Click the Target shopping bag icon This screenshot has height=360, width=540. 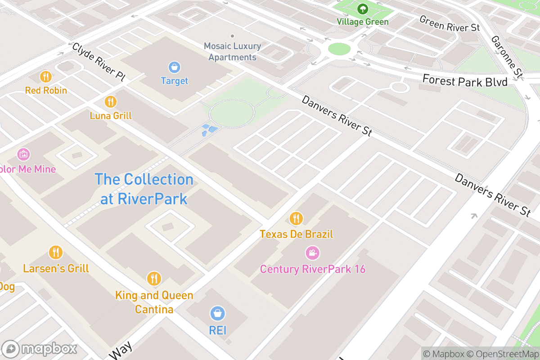coord(174,67)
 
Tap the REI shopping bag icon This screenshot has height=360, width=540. coord(218,313)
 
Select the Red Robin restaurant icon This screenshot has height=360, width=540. coord(45,76)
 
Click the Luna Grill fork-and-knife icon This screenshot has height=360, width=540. coord(110,102)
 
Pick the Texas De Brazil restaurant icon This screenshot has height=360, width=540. coord(296,219)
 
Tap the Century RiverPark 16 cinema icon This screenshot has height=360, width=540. coord(312,253)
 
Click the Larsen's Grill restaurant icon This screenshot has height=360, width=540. coord(56,252)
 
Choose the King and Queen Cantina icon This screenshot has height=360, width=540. coord(154,279)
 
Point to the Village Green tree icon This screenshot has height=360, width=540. coord(363,9)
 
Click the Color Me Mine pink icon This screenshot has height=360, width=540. coord(23,155)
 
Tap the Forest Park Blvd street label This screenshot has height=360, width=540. coord(464,81)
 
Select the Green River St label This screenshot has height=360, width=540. coord(449,23)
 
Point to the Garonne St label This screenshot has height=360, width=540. coord(507,56)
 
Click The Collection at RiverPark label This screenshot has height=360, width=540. coord(144,189)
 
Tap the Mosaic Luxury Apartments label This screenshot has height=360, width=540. coord(232,52)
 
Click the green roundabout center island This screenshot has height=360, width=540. coord(339,49)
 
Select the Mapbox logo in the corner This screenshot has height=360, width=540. coord(40,349)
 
